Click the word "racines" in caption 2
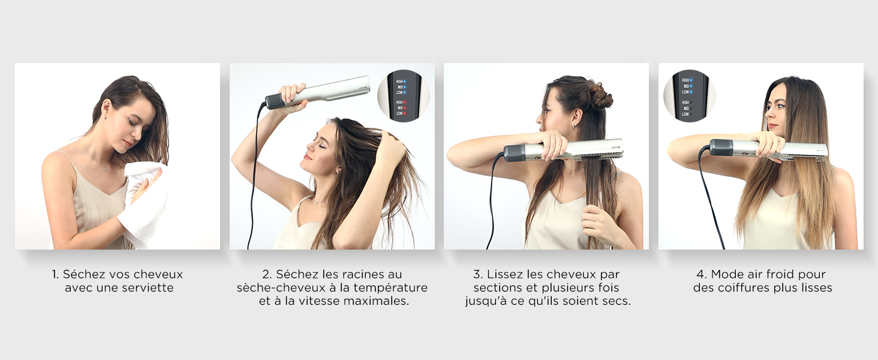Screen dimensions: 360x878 (x=345, y=274)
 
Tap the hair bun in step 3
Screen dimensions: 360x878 (x=599, y=95)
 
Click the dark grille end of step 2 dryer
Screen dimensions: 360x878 (x=275, y=101)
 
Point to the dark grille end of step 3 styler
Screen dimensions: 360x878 (x=515, y=152)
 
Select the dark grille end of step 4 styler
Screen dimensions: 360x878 (x=720, y=148)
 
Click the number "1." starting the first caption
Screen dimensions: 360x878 (x=55, y=274)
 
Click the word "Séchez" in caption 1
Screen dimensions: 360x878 (x=82, y=274)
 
